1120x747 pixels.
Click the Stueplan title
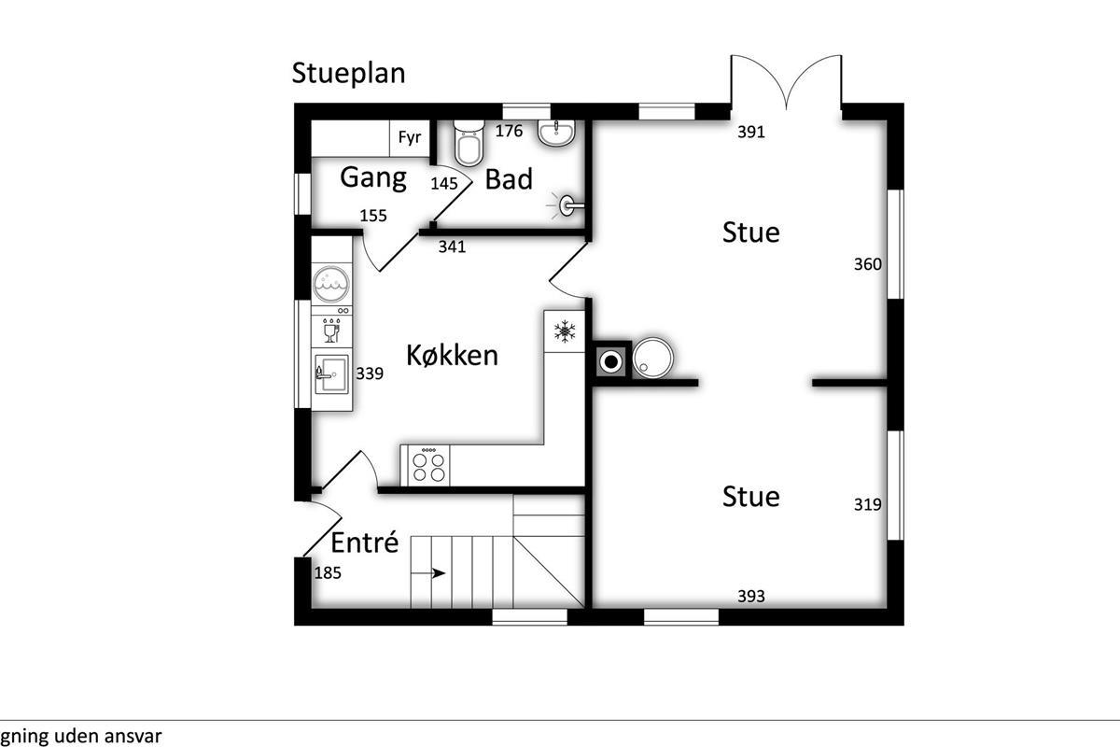pyautogui.click(x=348, y=74)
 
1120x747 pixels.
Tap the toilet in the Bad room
pyautogui.click(x=469, y=143)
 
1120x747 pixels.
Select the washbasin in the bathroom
pyautogui.click(x=556, y=133)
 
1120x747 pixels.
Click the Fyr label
pyautogui.click(x=410, y=137)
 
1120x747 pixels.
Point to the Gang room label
pyautogui.click(x=373, y=178)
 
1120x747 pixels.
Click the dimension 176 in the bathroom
pyautogui.click(x=509, y=131)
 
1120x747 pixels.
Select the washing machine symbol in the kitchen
pyautogui.click(x=331, y=284)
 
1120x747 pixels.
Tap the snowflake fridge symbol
pyautogui.click(x=565, y=331)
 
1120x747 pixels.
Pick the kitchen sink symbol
pyautogui.click(x=331, y=374)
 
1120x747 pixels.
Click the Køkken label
pyautogui.click(x=452, y=356)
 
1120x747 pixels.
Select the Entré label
pyautogui.click(x=365, y=543)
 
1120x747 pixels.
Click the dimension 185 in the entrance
pyautogui.click(x=328, y=573)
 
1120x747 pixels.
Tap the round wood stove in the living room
pyautogui.click(x=652, y=359)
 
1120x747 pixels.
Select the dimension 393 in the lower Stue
pyautogui.click(x=751, y=597)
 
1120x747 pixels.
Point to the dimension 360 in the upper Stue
pyautogui.click(x=867, y=264)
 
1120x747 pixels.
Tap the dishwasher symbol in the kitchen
pyautogui.click(x=331, y=331)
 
